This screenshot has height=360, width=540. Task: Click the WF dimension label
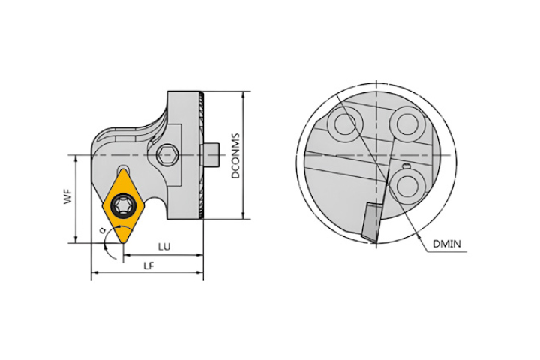(x=69, y=196)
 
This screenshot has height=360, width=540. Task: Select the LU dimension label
(x=164, y=247)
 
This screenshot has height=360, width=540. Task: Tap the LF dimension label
(x=148, y=265)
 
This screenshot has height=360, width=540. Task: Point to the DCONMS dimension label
(x=236, y=156)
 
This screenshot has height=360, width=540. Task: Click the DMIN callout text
(x=446, y=244)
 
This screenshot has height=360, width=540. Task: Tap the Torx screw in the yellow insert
(x=122, y=205)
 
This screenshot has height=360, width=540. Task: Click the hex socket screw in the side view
(x=167, y=156)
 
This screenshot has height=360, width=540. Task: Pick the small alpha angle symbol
(x=101, y=229)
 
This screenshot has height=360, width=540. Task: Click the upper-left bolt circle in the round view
(x=346, y=124)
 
